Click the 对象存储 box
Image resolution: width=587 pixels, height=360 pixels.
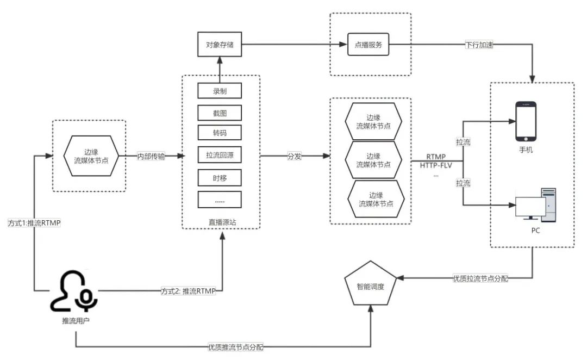tap(219, 44)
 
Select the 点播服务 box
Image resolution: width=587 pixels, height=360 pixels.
tap(369, 45)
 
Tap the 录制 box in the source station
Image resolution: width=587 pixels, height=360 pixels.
tap(219, 91)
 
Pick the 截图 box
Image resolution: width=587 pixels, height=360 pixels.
tap(219, 113)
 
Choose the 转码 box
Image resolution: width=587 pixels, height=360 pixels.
tap(219, 134)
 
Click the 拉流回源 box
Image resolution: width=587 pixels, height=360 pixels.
tap(219, 156)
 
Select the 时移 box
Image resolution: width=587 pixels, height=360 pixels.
tap(219, 177)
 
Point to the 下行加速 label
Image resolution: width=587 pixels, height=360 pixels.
tap(480, 45)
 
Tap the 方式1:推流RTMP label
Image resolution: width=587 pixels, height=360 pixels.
tap(33, 223)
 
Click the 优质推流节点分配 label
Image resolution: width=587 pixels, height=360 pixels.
tap(239, 346)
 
